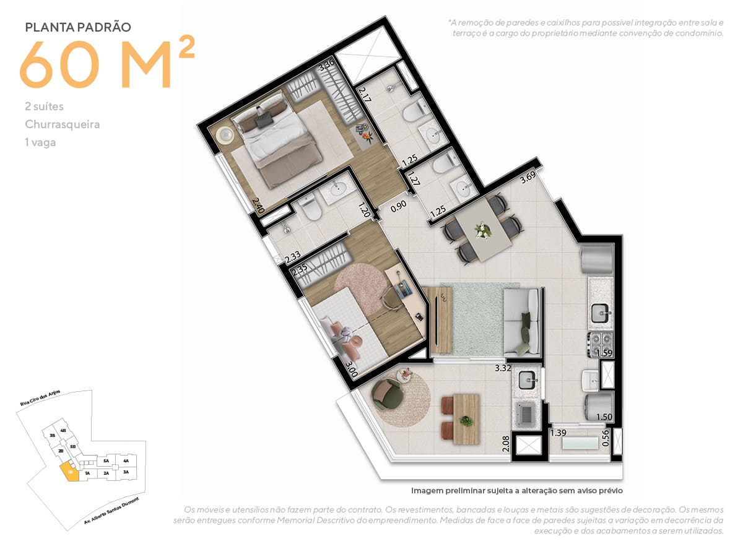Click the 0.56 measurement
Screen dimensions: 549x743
[x=606, y=439]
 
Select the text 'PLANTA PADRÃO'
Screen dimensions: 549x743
[x=77, y=27]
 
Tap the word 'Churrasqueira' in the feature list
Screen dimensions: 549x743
[x=62, y=124]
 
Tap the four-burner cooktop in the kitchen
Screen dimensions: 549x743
[x=599, y=341]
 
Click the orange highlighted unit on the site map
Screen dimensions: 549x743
[x=70, y=474]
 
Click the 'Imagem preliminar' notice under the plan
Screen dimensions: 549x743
[x=516, y=490]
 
